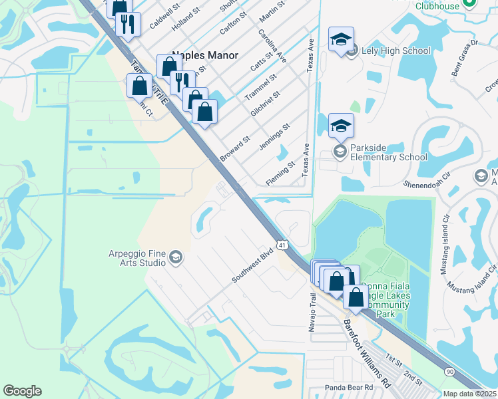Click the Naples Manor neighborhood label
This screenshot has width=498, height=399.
pyautogui.click(x=205, y=56)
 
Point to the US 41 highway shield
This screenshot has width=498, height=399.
pyautogui.click(x=283, y=245)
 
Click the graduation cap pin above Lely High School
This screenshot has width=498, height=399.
pyautogui.click(x=341, y=41)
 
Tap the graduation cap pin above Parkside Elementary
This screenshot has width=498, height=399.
pyautogui.click(x=341, y=125)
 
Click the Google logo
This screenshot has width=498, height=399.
pyautogui.click(x=22, y=391)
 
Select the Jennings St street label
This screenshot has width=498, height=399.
pyautogui.click(x=274, y=136)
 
